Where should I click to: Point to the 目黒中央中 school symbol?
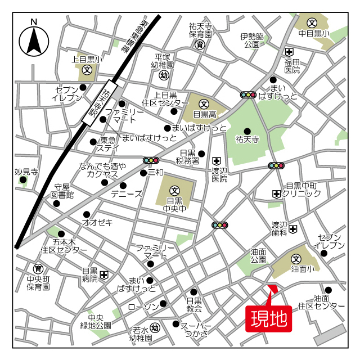tap(174, 190)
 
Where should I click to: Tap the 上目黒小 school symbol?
tap(87, 70)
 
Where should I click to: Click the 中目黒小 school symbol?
tap(313, 23)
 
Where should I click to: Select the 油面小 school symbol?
tap(296, 259)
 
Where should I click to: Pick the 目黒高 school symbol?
tap(204, 104)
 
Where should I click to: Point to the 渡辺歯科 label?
tap(280, 228)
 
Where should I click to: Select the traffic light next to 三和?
tap(151, 160)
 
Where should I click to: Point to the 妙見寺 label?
tap(26, 172)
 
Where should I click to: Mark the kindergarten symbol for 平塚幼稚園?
tap(164, 75)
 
